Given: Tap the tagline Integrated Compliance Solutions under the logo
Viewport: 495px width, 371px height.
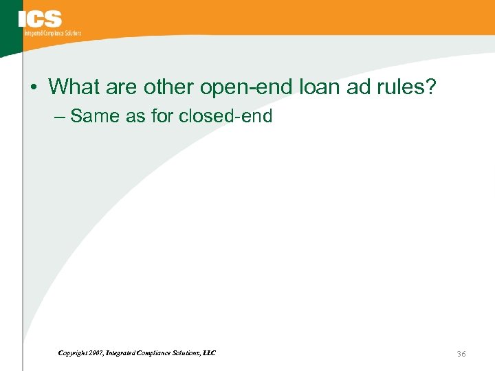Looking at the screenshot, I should [x=52, y=33].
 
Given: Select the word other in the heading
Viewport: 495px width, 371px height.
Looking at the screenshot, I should [x=172, y=87].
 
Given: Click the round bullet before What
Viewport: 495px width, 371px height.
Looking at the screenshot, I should [x=34, y=88].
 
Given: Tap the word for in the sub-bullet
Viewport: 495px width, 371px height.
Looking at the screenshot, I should [x=162, y=116].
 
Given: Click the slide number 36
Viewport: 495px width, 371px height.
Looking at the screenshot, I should [x=461, y=353].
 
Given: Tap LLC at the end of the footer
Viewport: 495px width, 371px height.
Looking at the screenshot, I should [x=209, y=353].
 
